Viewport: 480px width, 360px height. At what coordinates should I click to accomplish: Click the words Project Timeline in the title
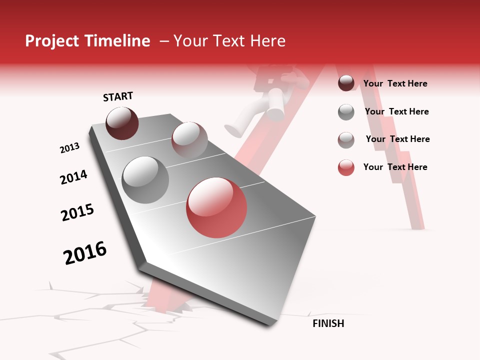87,41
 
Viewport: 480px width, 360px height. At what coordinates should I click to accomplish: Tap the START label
118,96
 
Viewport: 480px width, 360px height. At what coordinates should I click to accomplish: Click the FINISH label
328,323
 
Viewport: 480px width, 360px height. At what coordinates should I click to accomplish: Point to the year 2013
69,148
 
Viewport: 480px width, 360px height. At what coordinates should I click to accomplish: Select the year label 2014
73,177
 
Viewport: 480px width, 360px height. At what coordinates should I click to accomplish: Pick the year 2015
77,212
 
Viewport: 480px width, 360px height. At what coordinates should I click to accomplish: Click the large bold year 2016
85,253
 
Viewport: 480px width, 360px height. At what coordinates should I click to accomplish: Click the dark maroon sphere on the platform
122,123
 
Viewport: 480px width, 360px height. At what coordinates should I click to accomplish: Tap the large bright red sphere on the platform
216,207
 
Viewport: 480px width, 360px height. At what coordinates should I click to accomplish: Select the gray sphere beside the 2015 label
145,180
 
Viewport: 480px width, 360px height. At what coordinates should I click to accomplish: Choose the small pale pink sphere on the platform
189,139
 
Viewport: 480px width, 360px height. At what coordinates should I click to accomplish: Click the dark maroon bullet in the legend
346,83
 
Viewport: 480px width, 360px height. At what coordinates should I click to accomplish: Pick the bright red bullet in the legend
346,167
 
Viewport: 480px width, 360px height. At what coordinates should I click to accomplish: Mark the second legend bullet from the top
346,112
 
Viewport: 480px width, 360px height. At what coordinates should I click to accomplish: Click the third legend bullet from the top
346,140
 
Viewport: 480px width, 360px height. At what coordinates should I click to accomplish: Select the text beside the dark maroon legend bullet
395,83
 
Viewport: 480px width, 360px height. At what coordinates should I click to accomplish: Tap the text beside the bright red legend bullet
395,167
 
